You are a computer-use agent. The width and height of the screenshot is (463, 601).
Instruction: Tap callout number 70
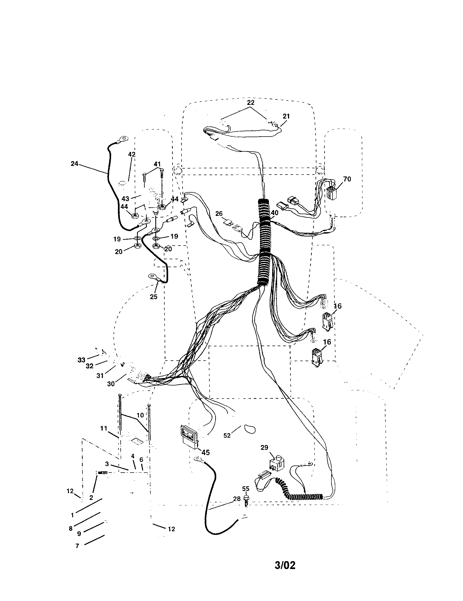pyautogui.click(x=347, y=179)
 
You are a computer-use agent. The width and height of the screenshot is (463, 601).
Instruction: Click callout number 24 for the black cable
pyautogui.click(x=74, y=164)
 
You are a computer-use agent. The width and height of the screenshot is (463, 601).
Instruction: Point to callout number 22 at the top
pyautogui.click(x=250, y=103)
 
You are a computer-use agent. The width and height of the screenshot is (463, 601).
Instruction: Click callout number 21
pyautogui.click(x=286, y=116)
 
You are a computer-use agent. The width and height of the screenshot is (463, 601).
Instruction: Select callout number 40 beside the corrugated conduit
pyautogui.click(x=274, y=213)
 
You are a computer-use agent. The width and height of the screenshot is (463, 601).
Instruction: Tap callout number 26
pyautogui.click(x=219, y=214)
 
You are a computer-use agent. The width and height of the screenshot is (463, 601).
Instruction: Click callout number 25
pyautogui.click(x=153, y=297)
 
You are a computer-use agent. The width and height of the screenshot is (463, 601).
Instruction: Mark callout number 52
pyautogui.click(x=227, y=436)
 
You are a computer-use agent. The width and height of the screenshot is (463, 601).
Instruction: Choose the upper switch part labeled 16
pyautogui.click(x=327, y=321)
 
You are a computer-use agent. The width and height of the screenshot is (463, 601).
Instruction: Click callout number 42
pyautogui.click(x=132, y=154)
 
